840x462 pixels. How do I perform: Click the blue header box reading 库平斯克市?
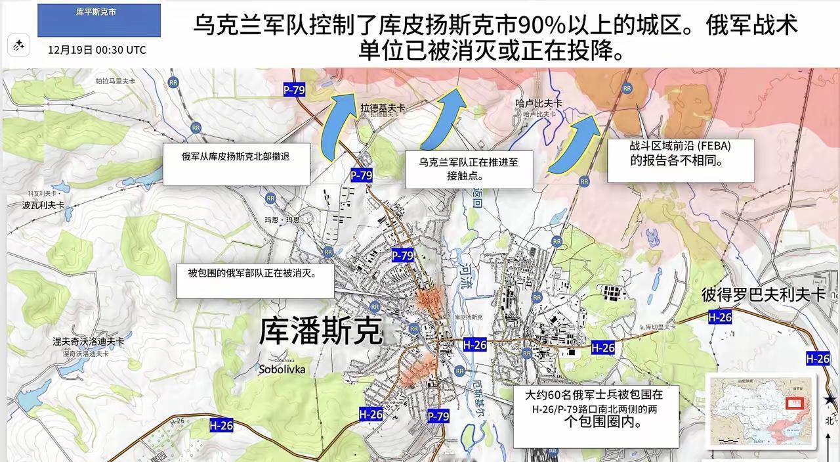point(99,20)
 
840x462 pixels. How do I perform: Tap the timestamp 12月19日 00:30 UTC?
point(97,50)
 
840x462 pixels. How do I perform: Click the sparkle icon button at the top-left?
point(18,45)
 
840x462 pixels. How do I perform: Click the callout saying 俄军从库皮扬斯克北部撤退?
point(236,164)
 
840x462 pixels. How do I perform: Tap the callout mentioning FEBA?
point(679,160)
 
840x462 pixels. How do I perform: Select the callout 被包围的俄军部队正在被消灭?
point(255,281)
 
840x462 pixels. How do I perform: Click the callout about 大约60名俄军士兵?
point(595,417)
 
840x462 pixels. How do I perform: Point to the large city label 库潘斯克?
point(321,331)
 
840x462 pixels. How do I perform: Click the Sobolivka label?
point(282,369)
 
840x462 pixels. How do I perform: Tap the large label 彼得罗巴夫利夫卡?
point(763,294)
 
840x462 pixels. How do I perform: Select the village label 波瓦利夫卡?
point(43,205)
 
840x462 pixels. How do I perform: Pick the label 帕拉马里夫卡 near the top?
point(115,81)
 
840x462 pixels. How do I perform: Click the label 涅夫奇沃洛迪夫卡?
point(89,342)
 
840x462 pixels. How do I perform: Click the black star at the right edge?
point(831,399)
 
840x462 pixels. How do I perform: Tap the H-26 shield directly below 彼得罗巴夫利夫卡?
point(720,317)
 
